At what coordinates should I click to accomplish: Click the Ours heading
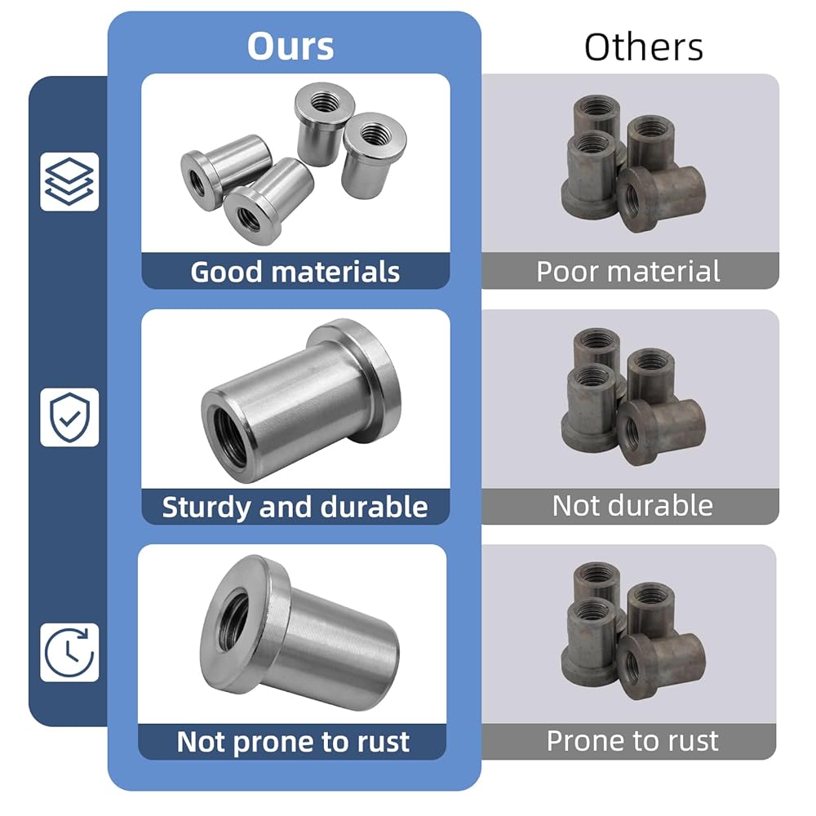coord(290,46)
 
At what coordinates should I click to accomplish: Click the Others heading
coord(644,47)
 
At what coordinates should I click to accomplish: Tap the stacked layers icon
coord(69,182)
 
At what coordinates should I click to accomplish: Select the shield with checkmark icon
coord(69,417)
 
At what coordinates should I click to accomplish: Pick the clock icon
coord(69,652)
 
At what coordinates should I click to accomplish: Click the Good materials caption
coord(295,272)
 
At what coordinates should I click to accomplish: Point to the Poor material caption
coord(628,271)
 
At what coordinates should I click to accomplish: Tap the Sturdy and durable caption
coord(295,507)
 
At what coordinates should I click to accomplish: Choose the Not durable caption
coord(632,505)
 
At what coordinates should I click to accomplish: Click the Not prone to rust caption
coord(293,742)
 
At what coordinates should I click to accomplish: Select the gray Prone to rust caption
coord(632,741)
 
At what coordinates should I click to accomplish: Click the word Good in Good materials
coord(226,272)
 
